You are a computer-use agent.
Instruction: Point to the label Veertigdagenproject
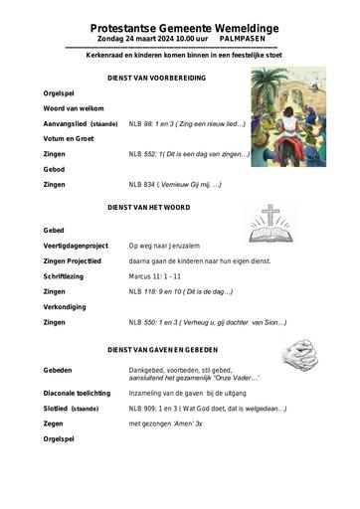click(x=76, y=245)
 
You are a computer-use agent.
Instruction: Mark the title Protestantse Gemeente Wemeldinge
click(x=179, y=30)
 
